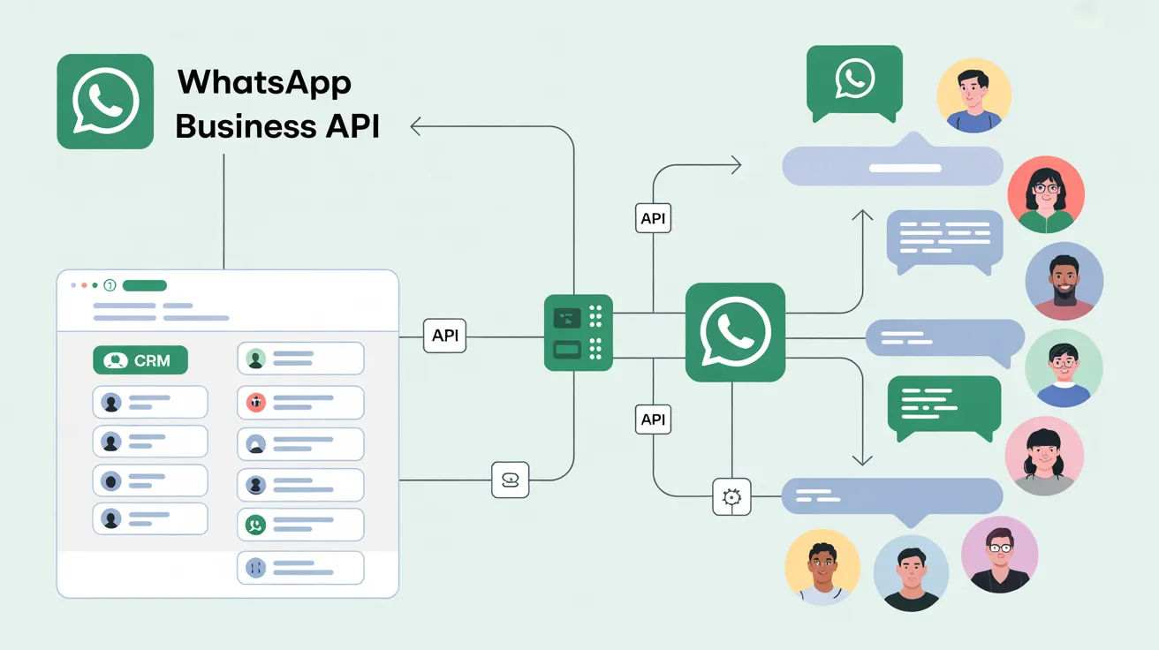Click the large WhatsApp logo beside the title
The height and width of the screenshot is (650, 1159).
(105, 102)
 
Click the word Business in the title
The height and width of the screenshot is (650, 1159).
(246, 126)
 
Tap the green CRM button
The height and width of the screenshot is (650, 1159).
(140, 360)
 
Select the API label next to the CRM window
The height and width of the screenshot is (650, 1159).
(444, 336)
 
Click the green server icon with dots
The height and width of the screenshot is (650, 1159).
(579, 332)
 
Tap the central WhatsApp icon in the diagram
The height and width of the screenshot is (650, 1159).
(735, 332)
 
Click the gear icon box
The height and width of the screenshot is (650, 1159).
(731, 496)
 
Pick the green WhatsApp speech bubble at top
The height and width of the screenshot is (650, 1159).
(854, 83)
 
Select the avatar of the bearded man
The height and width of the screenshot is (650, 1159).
(1064, 281)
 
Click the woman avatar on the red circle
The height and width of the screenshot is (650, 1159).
(1046, 194)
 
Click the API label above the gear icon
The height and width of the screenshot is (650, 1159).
(653, 419)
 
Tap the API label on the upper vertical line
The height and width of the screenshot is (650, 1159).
(653, 218)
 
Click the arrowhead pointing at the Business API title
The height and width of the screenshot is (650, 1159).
(415, 126)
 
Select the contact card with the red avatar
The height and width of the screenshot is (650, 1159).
(300, 403)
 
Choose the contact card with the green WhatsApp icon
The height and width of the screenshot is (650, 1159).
(300, 525)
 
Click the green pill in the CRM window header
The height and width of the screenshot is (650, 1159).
(144, 285)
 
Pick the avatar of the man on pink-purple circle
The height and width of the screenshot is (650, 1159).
(1000, 555)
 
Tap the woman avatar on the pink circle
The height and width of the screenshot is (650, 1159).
(1045, 456)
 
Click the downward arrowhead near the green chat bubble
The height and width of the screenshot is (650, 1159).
(862, 460)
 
